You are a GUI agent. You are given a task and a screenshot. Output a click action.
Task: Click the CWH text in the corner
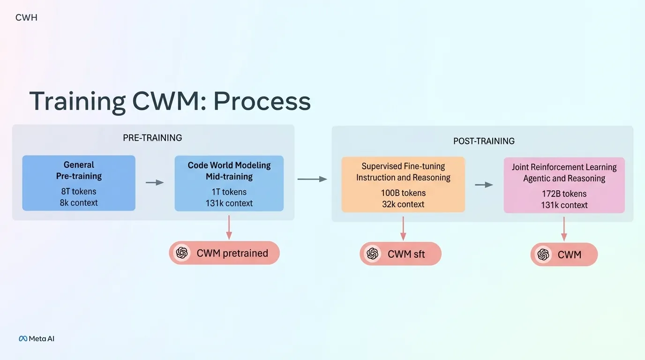pos(26,18)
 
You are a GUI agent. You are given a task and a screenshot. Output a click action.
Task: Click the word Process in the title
pos(262,101)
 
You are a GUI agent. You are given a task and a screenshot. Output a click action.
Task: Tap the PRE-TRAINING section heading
pos(152,138)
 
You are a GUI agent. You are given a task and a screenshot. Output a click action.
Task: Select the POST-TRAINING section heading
pos(484,141)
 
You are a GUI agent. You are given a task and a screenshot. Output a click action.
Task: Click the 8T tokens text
pos(79,191)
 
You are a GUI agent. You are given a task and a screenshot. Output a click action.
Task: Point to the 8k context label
pos(79,202)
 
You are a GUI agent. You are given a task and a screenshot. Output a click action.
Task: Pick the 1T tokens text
pos(229,192)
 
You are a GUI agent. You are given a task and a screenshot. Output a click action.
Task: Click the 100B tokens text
pos(403,193)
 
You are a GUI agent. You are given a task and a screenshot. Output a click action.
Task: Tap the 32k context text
pos(403,204)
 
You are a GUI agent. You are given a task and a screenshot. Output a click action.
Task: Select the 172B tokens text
pos(564,194)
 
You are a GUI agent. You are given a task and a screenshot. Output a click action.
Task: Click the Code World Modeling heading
pos(229,165)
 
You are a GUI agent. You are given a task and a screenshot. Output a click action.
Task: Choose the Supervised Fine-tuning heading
pos(403,166)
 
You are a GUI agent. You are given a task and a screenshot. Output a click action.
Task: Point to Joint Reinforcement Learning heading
pos(564,167)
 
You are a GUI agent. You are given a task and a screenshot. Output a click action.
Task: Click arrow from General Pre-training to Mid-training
pos(155,182)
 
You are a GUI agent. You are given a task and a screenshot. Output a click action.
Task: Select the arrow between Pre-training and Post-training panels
pos(312,179)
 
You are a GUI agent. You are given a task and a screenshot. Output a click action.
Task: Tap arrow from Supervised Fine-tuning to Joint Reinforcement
pos(484,185)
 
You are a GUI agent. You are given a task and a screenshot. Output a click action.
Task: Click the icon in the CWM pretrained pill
pos(182,253)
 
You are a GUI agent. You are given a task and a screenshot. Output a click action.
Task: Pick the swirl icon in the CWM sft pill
pos(373,254)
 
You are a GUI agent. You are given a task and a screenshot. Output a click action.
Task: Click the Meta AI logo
pos(37,338)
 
